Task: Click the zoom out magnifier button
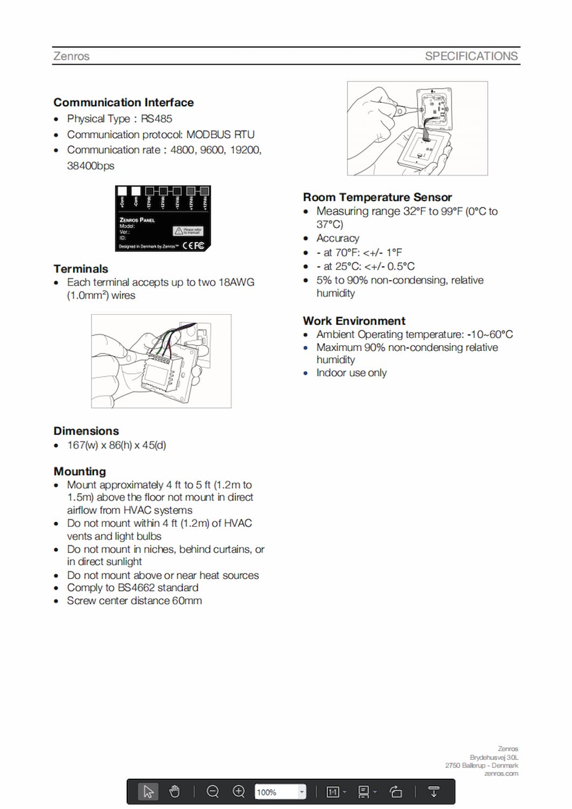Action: coord(213,791)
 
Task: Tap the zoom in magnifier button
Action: coord(239,791)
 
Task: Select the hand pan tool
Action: coord(174,791)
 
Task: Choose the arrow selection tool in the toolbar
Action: coord(148,791)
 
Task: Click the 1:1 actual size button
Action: coord(333,792)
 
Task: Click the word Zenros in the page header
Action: coord(71,56)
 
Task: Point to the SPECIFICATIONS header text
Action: coord(471,56)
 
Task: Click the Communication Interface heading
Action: coord(123,102)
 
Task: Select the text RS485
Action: coord(156,119)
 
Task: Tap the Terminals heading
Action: coord(81,269)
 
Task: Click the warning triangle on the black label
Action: coord(178,231)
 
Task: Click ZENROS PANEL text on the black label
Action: coord(137,220)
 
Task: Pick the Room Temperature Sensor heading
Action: coord(377,197)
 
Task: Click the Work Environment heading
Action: coord(354,321)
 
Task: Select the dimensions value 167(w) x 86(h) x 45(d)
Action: coord(116,445)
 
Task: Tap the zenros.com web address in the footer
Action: coord(501,773)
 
